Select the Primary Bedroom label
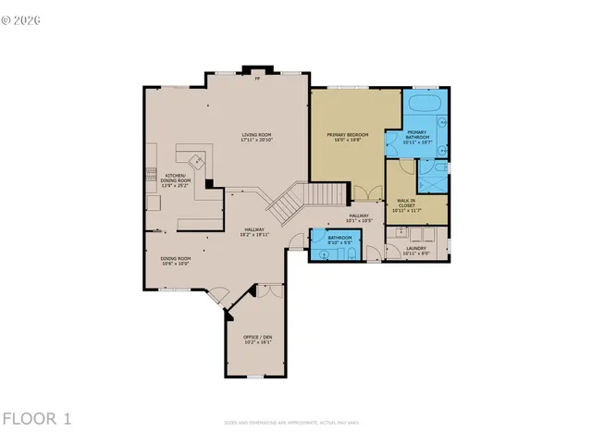pyautogui.click(x=348, y=138)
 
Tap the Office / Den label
pyautogui.click(x=257, y=339)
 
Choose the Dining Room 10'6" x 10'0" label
pyautogui.click(x=176, y=261)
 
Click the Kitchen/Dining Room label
pyautogui.click(x=177, y=181)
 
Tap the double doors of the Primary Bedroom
pyautogui.click(x=366, y=193)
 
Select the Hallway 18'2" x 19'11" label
pyautogui.click(x=255, y=232)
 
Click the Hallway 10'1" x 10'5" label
pyautogui.click(x=359, y=219)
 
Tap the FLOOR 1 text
pyautogui.click(x=37, y=419)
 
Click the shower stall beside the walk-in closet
pyautogui.click(x=433, y=175)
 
